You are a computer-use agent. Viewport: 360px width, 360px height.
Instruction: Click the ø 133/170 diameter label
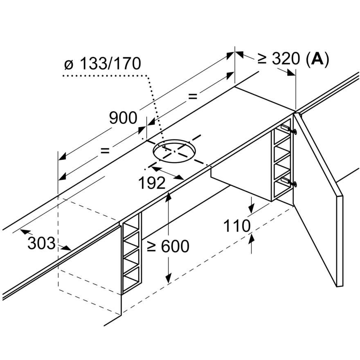pos(103,64)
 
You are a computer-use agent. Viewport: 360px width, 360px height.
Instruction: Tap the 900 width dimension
pos(123,118)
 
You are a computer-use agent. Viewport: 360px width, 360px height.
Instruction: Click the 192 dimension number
pos(152,183)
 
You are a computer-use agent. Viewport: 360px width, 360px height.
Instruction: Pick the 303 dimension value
pos(41,243)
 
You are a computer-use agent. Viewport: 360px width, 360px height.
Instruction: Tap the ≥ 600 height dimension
pos(168,246)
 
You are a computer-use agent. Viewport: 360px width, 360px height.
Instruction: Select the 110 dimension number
pos(237,225)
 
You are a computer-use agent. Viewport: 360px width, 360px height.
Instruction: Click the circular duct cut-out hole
pos(173,151)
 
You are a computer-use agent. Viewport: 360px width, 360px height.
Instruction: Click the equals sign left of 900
pos(105,151)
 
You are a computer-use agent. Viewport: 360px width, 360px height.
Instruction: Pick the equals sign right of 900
pos(193,97)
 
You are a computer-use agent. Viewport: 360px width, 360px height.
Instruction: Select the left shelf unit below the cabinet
pos(131,254)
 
